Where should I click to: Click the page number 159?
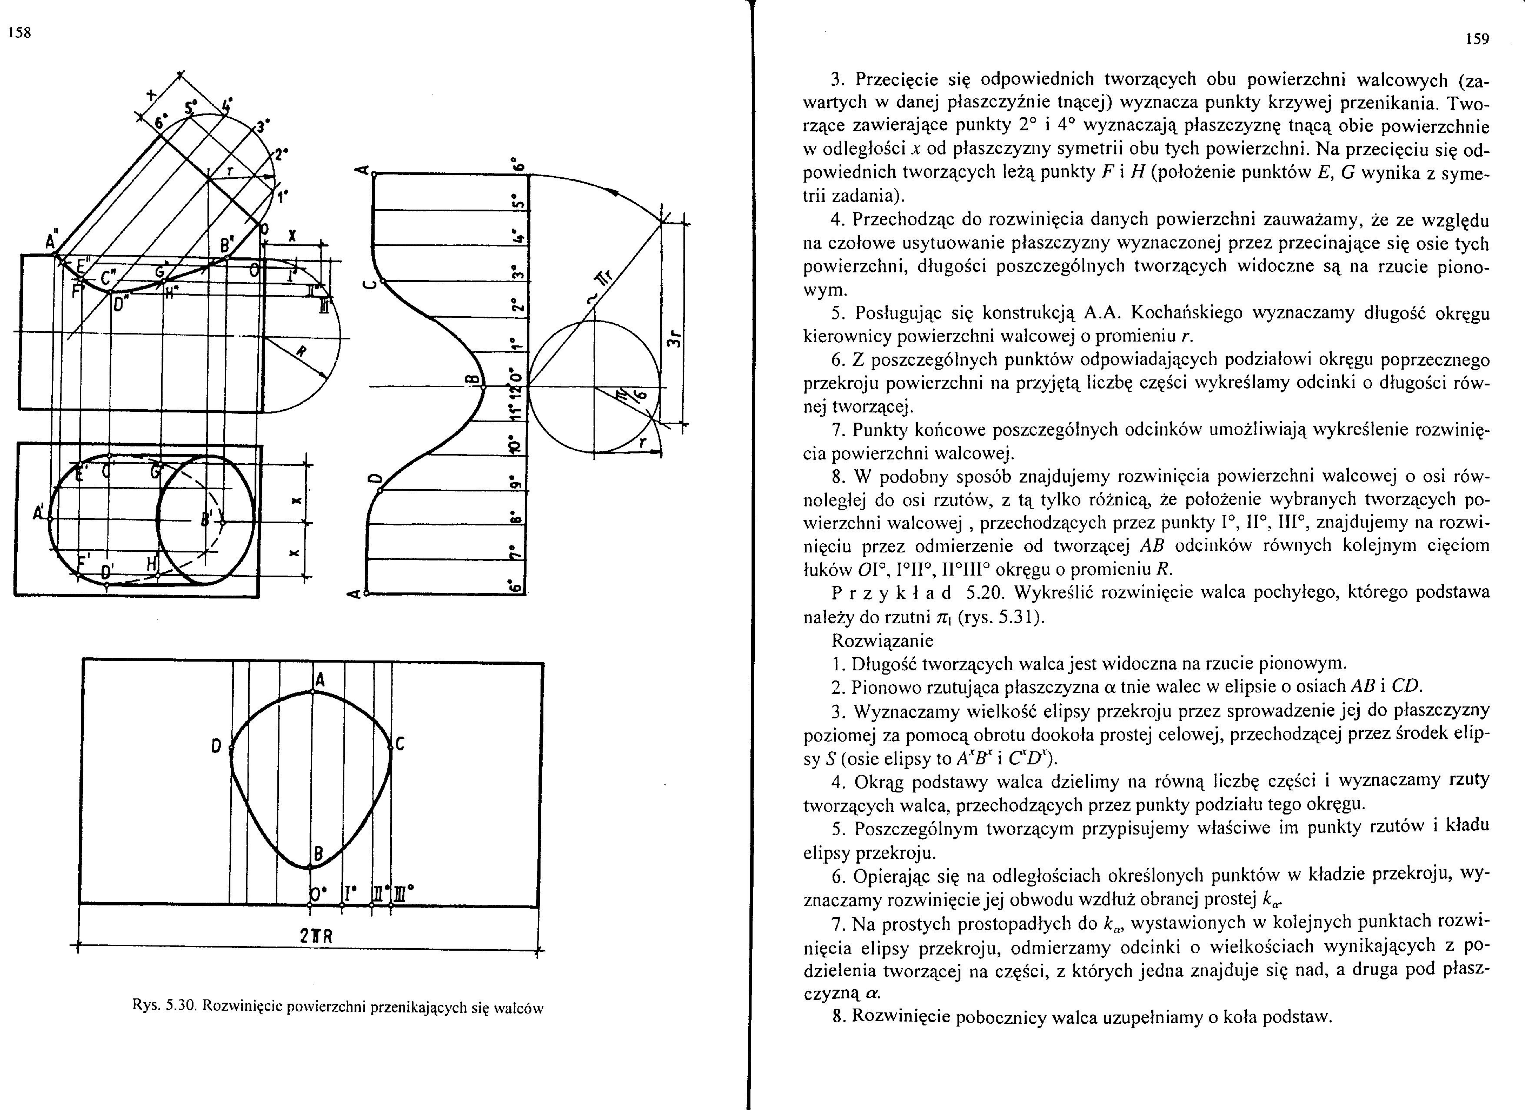click(x=1477, y=39)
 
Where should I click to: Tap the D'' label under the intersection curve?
click(x=120, y=304)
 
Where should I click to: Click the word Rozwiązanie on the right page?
click(x=882, y=641)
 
